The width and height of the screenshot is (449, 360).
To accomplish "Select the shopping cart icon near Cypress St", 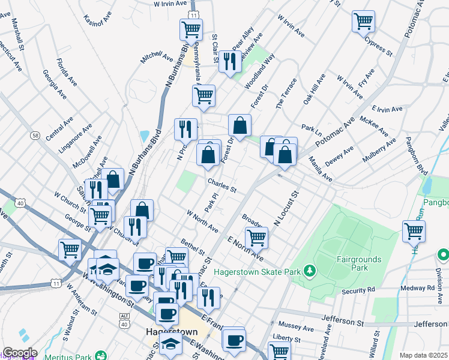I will [x=363, y=22].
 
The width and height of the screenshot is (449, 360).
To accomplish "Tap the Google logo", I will [x=20, y=353].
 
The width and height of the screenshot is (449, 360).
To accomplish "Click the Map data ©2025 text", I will [x=424, y=355].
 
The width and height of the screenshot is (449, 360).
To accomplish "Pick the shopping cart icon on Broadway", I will [x=256, y=238].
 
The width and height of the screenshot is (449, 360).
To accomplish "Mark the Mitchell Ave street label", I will [x=157, y=56].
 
